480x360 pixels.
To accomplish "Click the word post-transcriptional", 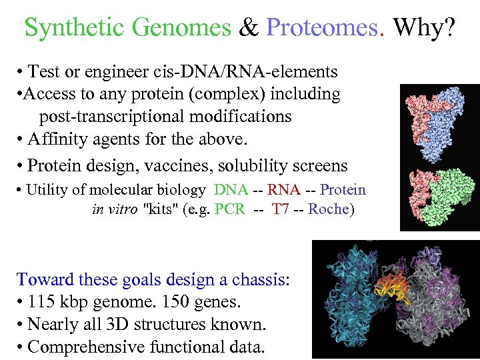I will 107,116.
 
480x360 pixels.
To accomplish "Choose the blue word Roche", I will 329,209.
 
